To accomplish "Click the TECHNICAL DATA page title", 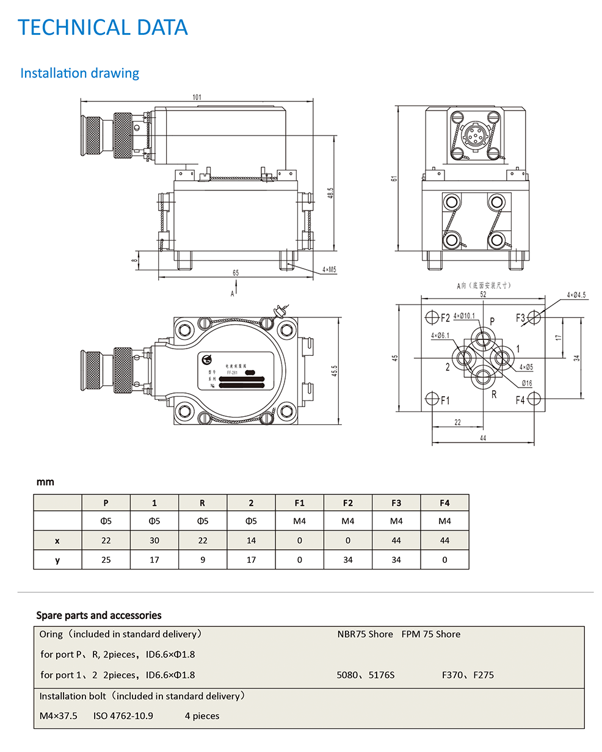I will [103, 27].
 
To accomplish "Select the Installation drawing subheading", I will [79, 73].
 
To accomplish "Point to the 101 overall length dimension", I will [197, 97].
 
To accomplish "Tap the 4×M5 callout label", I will [330, 269].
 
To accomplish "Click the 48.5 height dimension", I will [330, 192].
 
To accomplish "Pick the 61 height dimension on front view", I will [394, 178].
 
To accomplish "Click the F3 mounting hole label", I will [520, 317].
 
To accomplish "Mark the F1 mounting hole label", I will [445, 400].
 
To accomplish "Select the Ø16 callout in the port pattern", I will [526, 383].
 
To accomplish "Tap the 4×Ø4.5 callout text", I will [576, 295].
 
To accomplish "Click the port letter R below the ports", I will [494, 395].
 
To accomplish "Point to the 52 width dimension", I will [483, 294].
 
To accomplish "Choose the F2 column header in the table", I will [347, 503].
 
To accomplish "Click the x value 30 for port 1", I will [154, 540].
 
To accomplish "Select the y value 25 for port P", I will [106, 560].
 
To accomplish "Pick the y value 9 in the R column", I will [203, 560].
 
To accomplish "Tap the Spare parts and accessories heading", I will [99, 615].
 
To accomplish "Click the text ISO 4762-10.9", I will [123, 716].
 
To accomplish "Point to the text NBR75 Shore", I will [365, 634].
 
